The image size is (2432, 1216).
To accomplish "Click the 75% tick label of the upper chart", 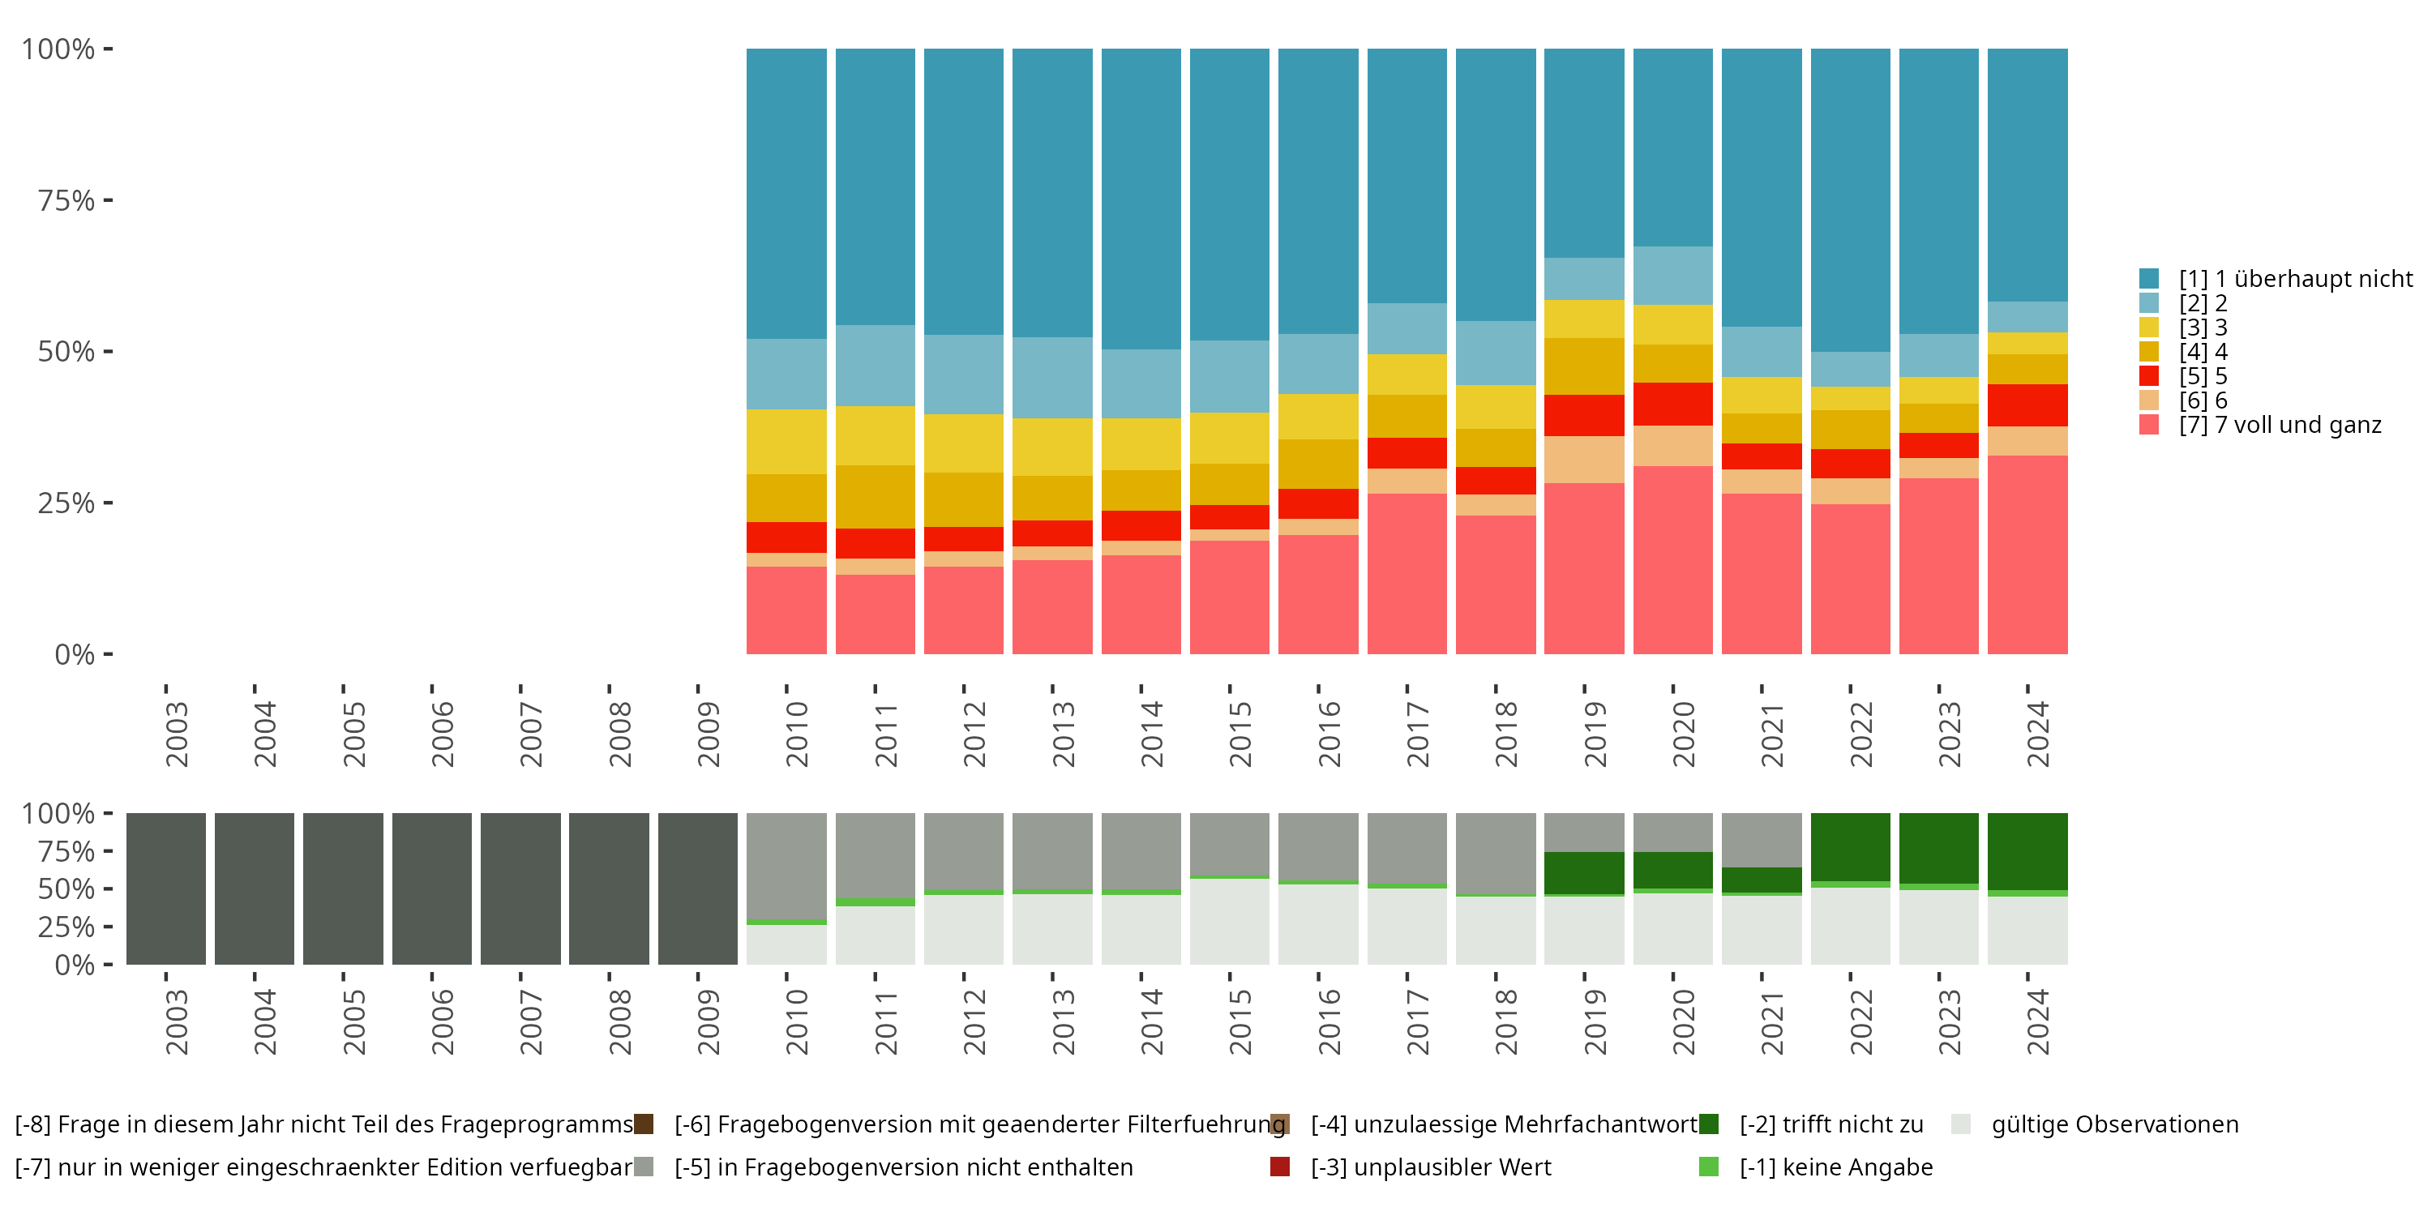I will [x=66, y=200].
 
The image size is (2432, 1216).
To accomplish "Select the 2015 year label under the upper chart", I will [x=1240, y=734].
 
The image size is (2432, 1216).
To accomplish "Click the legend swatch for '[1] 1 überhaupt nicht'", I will [x=2149, y=279].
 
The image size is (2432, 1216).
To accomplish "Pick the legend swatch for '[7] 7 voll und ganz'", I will [x=2149, y=425].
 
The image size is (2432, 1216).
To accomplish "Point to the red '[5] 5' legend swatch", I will [x=2149, y=376].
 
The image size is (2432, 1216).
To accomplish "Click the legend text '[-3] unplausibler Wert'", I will [x=1430, y=1168].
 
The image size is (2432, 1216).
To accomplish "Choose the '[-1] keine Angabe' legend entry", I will [x=1835, y=1168].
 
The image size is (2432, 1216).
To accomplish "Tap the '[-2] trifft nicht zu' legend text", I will [x=1830, y=1124].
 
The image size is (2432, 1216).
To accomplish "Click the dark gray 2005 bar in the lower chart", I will [x=343, y=888].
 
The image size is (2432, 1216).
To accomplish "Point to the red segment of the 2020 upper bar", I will [x=1672, y=404].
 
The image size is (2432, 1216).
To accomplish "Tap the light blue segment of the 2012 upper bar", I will [x=963, y=375].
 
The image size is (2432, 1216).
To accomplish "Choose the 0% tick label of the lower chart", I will [x=75, y=965].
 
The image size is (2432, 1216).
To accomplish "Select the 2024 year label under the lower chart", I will [x=2037, y=1022].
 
